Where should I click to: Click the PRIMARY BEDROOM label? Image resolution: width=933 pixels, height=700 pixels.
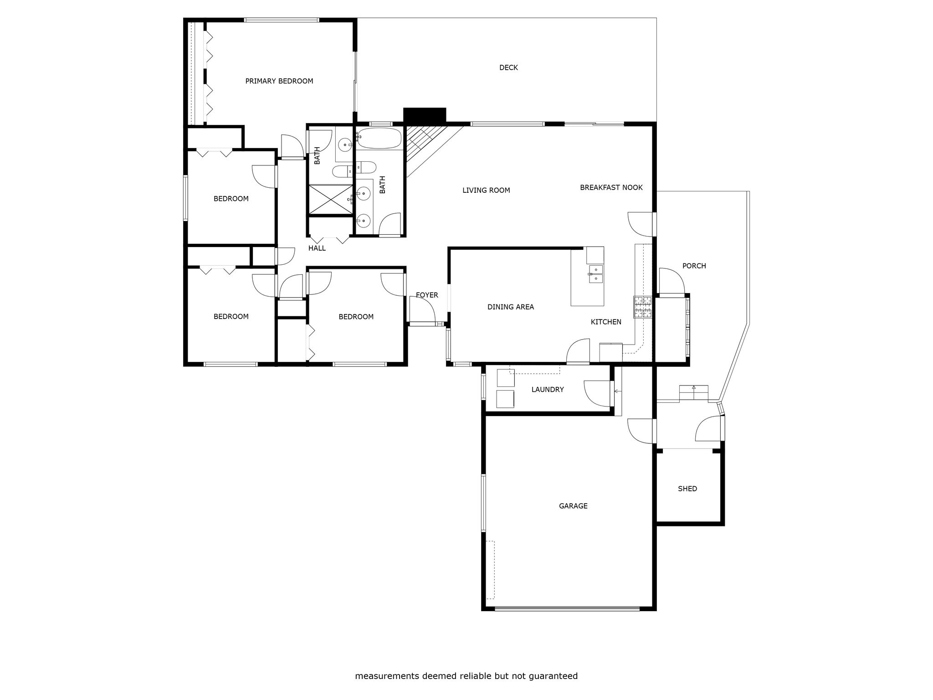click(x=279, y=81)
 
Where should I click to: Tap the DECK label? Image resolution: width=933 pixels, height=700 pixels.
click(x=508, y=67)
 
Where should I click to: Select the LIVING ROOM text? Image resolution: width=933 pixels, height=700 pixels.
click(x=486, y=190)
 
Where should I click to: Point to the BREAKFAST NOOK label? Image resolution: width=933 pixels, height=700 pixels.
click(x=611, y=187)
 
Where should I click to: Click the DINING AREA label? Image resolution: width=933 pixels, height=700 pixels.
click(x=511, y=307)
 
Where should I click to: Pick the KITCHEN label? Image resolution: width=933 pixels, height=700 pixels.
click(x=606, y=322)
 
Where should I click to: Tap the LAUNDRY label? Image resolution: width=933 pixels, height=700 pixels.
click(x=548, y=389)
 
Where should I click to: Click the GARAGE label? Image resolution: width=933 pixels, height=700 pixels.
click(x=573, y=505)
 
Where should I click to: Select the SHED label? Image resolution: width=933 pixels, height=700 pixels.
click(x=687, y=489)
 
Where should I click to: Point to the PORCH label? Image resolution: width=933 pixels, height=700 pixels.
click(x=694, y=266)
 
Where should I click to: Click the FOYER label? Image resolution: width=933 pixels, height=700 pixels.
click(x=427, y=295)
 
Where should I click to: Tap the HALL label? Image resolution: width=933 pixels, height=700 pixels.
click(x=317, y=248)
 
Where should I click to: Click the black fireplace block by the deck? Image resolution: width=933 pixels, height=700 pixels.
click(x=425, y=115)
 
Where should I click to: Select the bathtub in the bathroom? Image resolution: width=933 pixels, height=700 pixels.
click(x=379, y=138)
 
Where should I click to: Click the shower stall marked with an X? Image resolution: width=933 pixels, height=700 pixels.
click(x=331, y=199)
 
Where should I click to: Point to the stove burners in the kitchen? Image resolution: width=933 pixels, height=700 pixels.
click(x=642, y=307)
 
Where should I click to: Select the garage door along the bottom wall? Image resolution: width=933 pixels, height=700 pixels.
click(x=567, y=608)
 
